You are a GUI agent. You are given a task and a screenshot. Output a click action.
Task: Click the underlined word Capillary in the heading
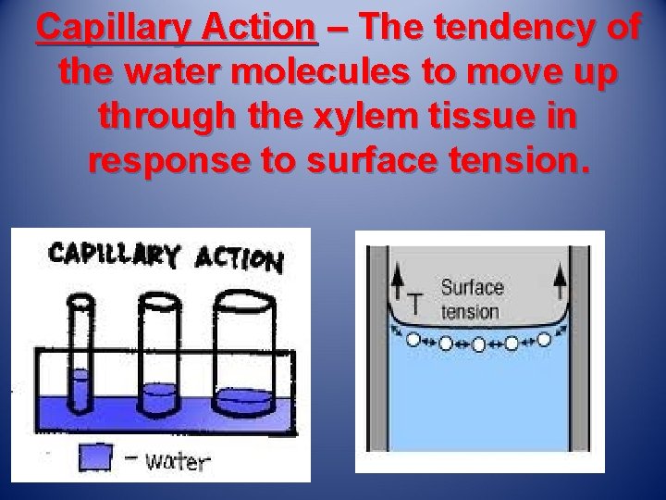pos(114,29)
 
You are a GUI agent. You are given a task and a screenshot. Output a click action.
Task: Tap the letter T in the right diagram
pos(416,302)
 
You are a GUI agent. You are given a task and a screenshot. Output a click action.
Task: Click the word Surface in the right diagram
pos(472,288)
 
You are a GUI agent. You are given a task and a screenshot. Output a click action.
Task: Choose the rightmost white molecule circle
pos(544,339)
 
